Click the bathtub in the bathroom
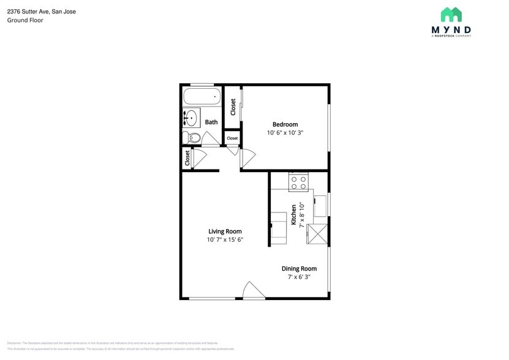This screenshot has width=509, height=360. pos(202,97)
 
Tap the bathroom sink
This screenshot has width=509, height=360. pos(191,117)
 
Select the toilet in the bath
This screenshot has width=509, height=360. pos(192,137)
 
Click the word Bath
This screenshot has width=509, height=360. pos(211,122)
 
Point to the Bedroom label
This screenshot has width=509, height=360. pos(285,124)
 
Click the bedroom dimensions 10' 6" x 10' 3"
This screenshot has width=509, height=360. pos(285,133)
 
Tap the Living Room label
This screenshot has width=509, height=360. pos(225,231)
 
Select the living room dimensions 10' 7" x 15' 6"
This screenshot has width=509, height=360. pos(225,240)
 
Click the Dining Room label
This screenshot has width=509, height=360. pos(299,268)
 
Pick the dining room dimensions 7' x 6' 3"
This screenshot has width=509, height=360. pos(299,277)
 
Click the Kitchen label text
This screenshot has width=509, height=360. pos(294,216)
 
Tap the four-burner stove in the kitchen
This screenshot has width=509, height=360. pos(298,182)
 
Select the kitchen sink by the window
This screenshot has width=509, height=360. pos(320,206)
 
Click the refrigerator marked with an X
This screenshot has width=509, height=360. pos(317,234)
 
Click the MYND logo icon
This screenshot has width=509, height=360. pos(451,15)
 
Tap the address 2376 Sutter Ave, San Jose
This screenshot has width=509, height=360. pos(42,11)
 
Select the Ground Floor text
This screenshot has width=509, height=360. pos(25,20)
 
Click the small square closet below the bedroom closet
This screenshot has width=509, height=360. pos(232,138)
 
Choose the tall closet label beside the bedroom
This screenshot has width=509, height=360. pos(233,107)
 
